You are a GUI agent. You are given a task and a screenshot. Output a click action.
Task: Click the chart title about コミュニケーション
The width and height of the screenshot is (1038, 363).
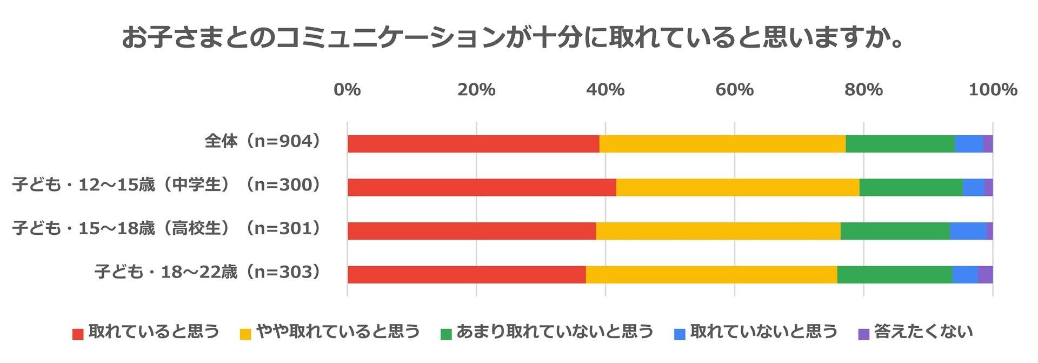[x=514, y=38]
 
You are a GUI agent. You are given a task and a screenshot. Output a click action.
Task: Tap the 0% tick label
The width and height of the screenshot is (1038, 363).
[x=347, y=89]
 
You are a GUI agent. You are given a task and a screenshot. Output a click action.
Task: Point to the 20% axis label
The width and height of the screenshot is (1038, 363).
[x=476, y=89]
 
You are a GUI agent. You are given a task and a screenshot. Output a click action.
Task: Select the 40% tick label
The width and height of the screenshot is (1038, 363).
[x=605, y=89]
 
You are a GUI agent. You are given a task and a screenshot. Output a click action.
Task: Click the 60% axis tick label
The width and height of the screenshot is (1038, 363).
[x=735, y=89]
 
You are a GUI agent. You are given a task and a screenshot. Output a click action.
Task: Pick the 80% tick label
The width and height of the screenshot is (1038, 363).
[x=864, y=89]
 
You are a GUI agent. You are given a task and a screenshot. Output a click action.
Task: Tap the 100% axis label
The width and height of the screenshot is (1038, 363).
[x=993, y=89]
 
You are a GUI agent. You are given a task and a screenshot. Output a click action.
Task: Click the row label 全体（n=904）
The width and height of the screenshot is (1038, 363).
[x=263, y=142]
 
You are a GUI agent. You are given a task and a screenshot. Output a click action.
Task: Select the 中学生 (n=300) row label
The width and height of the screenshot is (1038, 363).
[x=167, y=185]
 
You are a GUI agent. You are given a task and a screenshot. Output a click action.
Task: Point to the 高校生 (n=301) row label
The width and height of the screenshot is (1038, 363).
[x=167, y=229]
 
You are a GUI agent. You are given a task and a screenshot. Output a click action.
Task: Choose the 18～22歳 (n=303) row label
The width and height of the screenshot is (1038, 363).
[x=208, y=272]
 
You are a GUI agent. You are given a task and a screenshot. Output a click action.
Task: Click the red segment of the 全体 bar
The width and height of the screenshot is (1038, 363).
[x=473, y=144]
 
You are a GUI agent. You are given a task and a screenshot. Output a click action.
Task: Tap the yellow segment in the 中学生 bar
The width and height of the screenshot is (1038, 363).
[x=737, y=188]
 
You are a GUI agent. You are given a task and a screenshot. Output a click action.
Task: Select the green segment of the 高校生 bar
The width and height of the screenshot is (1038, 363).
[x=895, y=231]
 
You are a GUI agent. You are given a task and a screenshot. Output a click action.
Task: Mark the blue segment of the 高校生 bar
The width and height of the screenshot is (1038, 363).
[x=968, y=231]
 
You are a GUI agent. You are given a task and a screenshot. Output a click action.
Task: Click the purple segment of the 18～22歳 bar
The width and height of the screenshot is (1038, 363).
[x=985, y=275]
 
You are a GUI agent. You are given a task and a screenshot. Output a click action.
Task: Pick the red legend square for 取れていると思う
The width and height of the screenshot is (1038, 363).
[x=78, y=334]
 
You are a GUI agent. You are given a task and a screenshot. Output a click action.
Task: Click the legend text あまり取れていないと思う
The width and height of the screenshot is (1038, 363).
[x=555, y=332]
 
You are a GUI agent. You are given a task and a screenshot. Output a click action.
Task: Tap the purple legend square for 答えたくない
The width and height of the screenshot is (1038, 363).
[x=863, y=334]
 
